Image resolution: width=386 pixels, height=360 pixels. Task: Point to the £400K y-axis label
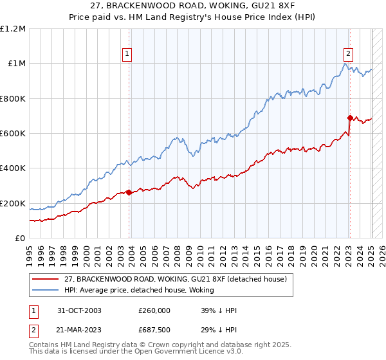tap(13, 168)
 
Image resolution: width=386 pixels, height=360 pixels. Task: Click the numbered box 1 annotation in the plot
tap(127, 54)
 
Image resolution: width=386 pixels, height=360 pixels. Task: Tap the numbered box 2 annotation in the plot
tap(348, 54)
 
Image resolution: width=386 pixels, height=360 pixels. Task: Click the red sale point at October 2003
tap(129, 192)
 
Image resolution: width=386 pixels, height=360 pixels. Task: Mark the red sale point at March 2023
tap(350, 118)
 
